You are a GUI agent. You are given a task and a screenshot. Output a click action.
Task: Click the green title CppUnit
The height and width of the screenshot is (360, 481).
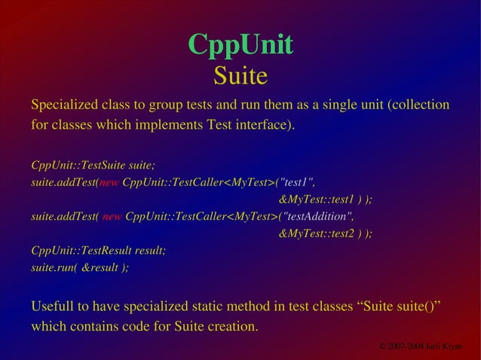pos(240,45)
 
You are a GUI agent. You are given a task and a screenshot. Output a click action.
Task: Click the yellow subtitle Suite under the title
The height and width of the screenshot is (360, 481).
pos(240,75)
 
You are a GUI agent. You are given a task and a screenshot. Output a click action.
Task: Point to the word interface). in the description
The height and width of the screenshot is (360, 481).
pos(264,124)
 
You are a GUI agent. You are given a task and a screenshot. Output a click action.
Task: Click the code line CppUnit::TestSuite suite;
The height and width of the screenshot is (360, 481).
pos(93,165)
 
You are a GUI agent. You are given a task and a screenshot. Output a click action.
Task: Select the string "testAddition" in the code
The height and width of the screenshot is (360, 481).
pos(315,217)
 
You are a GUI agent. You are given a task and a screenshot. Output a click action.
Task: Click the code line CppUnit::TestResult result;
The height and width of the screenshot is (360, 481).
pos(98,251)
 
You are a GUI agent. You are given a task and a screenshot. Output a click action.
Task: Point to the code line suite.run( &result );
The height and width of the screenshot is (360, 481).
pos(79,268)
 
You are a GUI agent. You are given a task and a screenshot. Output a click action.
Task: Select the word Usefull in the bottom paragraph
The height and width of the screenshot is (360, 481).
pos(54,307)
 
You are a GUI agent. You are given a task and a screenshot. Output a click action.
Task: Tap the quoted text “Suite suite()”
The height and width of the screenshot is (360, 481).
pos(397,307)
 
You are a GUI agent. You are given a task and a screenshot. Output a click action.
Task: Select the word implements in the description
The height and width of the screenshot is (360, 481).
pos(171,124)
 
